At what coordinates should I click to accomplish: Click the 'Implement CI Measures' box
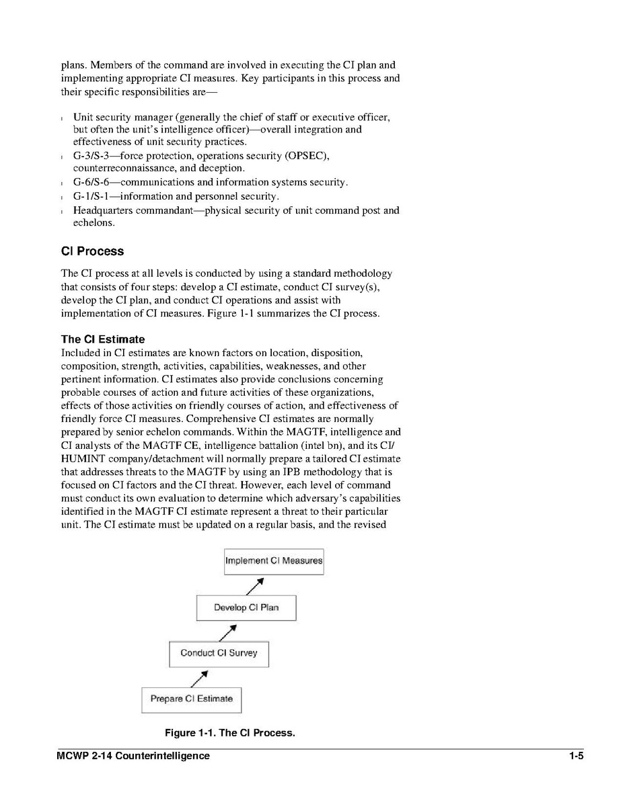pos(273,561)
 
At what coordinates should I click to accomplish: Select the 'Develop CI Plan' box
pos(246,607)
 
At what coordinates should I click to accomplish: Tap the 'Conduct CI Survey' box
pos(218,653)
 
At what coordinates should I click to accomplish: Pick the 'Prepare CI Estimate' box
pos(191,699)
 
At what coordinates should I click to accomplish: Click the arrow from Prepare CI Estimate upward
pos(199,677)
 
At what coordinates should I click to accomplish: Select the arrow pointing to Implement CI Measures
pos(254,586)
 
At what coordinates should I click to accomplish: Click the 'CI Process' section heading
pos(92,251)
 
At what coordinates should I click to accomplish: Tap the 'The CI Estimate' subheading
pos(102,339)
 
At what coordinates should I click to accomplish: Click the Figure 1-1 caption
pos(230,732)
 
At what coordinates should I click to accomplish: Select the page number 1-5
pos(575,756)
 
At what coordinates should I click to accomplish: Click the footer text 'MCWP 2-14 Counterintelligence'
pos(133,756)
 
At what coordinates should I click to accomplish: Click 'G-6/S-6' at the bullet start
pos(91,183)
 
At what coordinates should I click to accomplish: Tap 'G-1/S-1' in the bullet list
pos(91,197)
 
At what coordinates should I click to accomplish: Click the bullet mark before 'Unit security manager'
pos(63,118)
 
